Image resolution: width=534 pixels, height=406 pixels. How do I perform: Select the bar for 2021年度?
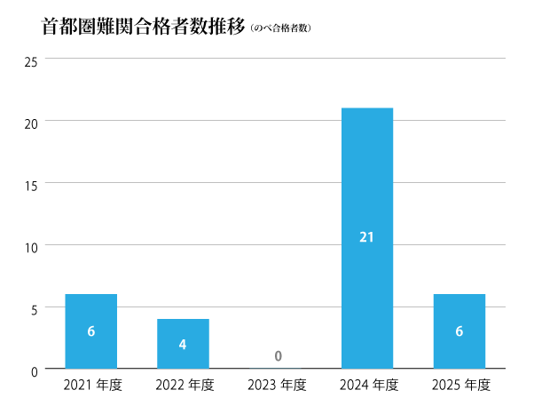coord(90,330)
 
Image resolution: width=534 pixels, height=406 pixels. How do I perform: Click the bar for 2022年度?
coord(183,343)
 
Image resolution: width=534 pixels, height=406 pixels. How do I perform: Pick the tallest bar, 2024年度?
coord(367,237)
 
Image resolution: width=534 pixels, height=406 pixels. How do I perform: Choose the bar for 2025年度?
coord(459,330)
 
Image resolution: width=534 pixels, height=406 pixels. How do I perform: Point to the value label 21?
coord(367,237)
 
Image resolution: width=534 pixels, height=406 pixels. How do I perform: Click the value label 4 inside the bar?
coord(183,345)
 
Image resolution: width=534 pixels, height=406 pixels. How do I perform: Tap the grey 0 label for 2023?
coord(277,356)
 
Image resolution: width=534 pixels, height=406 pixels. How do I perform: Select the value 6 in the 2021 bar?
coord(90,331)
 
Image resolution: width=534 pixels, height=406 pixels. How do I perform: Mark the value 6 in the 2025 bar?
coord(459,331)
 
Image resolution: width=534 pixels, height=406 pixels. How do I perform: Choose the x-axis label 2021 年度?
coord(91,386)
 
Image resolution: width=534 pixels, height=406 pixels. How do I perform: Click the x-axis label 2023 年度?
coord(276,386)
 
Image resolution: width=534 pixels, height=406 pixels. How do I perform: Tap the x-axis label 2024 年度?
coord(368,386)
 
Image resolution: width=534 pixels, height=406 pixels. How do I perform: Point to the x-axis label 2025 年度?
coord(460,386)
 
